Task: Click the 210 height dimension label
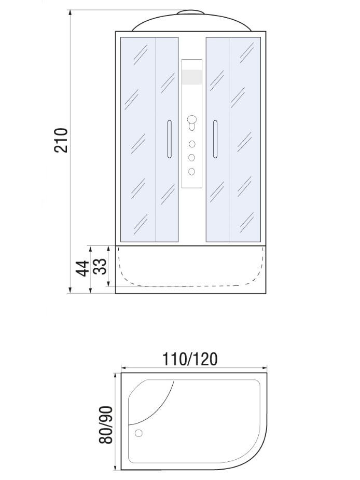(61, 140)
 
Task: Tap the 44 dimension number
(82, 268)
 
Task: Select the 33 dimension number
(101, 266)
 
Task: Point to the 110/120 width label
(190, 359)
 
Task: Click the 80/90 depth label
(106, 425)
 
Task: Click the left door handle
(170, 139)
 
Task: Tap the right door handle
(215, 139)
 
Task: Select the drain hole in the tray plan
(139, 433)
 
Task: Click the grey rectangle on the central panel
(191, 77)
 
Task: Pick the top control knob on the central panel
(191, 119)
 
